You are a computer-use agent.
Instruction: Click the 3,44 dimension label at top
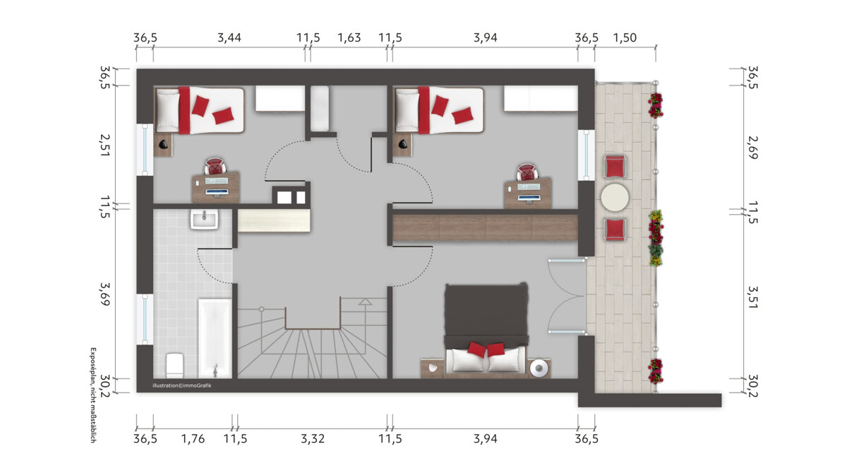tap(229, 38)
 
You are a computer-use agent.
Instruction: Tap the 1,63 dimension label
tap(349, 38)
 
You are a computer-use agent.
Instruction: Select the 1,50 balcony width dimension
tap(625, 38)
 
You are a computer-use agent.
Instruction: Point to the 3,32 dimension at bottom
tap(313, 439)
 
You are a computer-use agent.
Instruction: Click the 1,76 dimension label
tap(193, 439)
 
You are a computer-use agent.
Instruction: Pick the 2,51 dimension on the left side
tap(104, 145)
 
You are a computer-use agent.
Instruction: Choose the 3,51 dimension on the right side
tap(753, 297)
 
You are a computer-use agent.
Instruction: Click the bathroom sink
tap(204, 220)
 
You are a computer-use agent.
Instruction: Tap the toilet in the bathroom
tap(175, 366)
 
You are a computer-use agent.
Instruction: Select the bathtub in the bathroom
tap(215, 338)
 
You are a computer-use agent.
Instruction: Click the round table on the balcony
tap(615, 198)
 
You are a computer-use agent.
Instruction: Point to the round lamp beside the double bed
tap(539, 368)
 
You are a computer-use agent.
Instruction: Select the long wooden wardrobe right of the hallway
tap(485, 228)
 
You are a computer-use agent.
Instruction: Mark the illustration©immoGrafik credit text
tap(182, 386)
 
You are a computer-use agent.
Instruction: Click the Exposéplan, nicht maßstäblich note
tap(93, 395)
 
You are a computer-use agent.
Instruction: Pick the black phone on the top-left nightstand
tap(163, 144)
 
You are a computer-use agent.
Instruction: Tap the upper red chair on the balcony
tap(615, 167)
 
